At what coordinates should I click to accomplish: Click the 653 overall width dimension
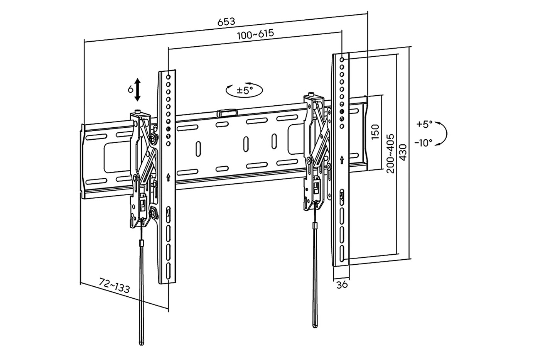pos(226,22)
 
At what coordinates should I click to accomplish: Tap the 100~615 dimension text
pos(256,34)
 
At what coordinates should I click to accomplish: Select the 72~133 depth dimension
pos(114,285)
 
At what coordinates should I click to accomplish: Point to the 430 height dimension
pos(403,152)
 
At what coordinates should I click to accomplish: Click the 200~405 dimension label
pos(390,154)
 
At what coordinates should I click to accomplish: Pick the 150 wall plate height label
pos(375,132)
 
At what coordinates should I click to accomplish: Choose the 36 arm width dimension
pos(342,285)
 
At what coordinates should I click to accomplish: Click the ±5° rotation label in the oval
pos(245,91)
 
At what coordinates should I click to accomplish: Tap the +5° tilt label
pos(425,124)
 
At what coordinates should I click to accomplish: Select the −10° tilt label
pos(424,143)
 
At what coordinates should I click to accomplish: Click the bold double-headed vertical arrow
pos(137,90)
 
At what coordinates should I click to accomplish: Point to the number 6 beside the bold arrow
pos(130,90)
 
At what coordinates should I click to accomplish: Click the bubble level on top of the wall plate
pos(227,113)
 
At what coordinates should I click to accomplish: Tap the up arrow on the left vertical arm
pos(168,177)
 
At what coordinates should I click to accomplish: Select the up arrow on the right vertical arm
pos(342,160)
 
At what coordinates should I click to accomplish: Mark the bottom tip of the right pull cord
pos(315,327)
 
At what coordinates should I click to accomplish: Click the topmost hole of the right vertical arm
pos(342,59)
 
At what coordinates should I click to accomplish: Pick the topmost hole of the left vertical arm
pos(168,77)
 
